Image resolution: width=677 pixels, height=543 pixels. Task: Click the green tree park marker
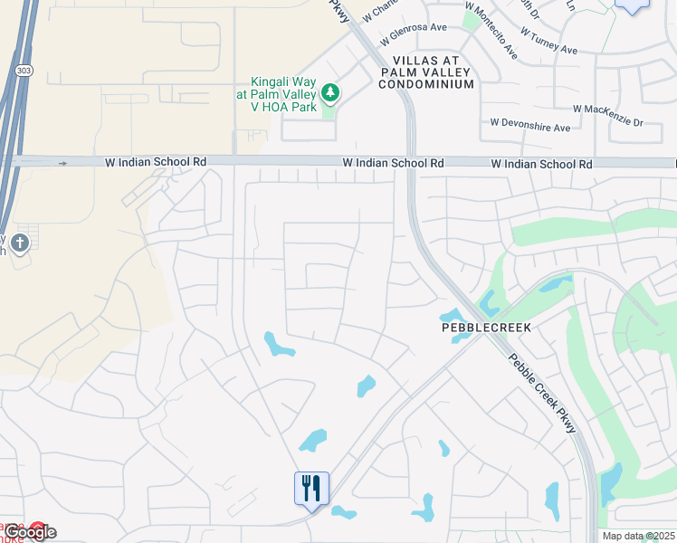(330, 92)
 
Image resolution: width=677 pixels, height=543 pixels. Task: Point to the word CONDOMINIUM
(434, 84)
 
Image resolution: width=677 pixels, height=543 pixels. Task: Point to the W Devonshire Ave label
(530, 128)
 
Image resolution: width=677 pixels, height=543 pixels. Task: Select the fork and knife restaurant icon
(310, 489)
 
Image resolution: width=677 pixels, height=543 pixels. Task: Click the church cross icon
(20, 243)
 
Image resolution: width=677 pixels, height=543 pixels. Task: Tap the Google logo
(30, 532)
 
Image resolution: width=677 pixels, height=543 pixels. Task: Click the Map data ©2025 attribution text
(637, 536)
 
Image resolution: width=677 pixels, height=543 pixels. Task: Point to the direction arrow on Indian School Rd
(62, 163)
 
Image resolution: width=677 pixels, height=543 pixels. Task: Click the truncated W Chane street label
(379, 11)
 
